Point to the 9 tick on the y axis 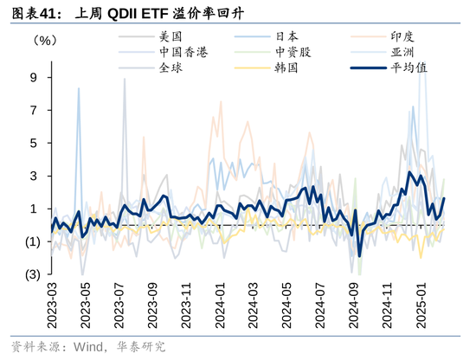click(33, 77)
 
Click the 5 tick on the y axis click(33, 143)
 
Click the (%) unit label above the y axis click(47, 40)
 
